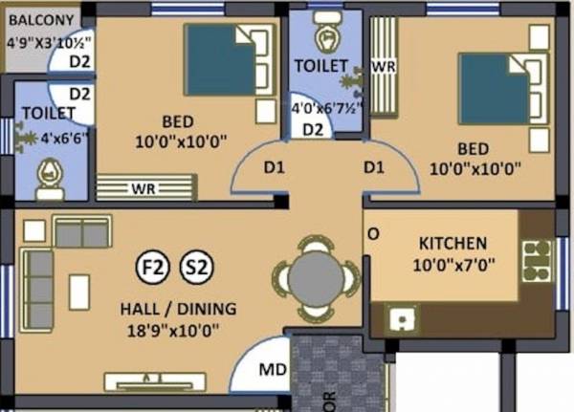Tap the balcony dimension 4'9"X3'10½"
[47, 43]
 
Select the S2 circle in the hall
[197, 267]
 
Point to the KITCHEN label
[453, 244]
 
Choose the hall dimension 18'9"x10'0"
[170, 332]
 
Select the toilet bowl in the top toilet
[328, 37]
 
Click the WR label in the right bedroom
[383, 68]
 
